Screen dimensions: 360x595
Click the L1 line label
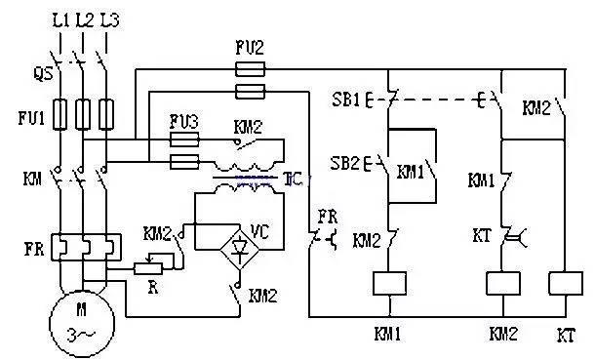[x=60, y=20]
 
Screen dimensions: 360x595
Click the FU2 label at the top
[x=251, y=48]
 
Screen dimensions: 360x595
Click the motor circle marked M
[x=73, y=323]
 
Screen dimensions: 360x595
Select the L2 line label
[x=83, y=20]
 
